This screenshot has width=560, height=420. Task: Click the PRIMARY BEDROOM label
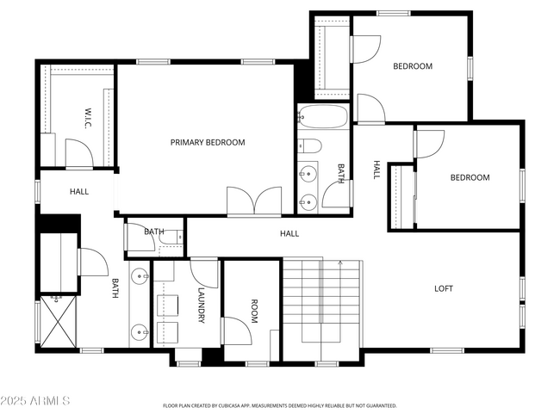click(207, 143)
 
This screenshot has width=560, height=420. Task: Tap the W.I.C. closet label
click(88, 117)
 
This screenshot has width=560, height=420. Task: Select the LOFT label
click(443, 288)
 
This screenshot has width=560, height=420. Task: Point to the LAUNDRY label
click(201, 306)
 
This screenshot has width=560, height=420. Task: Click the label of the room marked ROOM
click(254, 311)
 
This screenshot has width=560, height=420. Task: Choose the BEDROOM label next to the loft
click(470, 178)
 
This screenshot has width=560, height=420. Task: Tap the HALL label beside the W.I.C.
click(78, 192)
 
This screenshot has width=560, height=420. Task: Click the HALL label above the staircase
click(289, 233)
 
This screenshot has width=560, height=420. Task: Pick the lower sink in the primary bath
click(140, 330)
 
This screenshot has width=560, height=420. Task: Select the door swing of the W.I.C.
click(79, 154)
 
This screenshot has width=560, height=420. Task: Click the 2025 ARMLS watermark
click(36, 402)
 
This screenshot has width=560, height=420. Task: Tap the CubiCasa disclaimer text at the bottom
click(279, 405)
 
